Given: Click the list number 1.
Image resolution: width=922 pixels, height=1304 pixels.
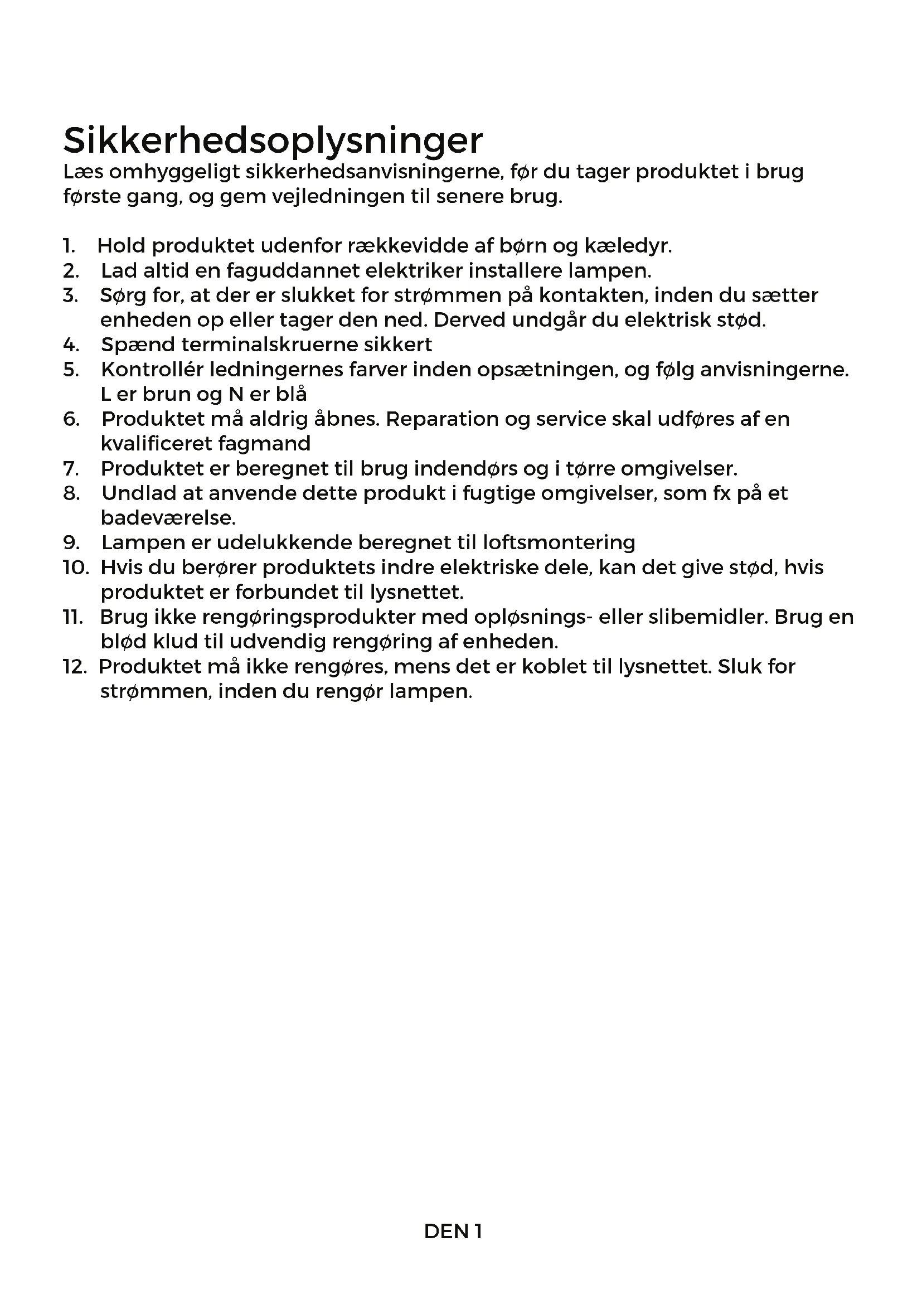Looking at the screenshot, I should [x=69, y=246].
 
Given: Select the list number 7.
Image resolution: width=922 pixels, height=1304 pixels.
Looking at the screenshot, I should [x=70, y=468].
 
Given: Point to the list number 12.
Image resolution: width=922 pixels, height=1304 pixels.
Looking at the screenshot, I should [x=74, y=666].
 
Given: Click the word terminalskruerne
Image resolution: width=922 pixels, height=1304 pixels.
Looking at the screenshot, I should [x=267, y=345].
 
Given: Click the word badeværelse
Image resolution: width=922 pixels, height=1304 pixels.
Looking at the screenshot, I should [x=168, y=518].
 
